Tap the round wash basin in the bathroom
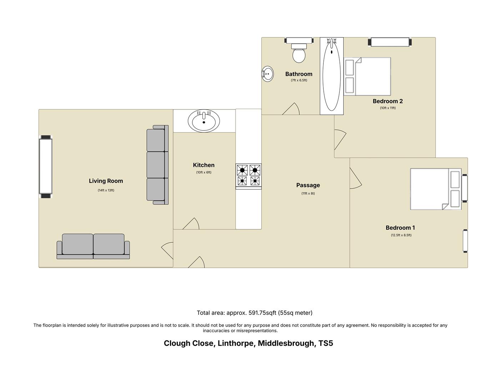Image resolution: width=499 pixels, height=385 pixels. click(268, 74)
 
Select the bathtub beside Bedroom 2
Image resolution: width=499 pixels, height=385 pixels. click(332, 76)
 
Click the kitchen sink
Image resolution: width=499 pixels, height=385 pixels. click(204, 121)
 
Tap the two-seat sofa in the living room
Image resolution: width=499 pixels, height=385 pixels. click(93, 246)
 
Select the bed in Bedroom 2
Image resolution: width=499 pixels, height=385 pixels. click(368, 76)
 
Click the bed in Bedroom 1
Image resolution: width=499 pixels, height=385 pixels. click(435, 189)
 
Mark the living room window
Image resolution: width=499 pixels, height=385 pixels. click(46, 166)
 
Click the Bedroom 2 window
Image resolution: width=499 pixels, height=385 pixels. click(390, 42)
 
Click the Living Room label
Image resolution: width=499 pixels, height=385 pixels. click(106, 181)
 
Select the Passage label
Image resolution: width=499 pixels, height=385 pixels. click(308, 185)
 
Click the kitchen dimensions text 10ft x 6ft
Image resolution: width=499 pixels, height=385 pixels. click(204, 173)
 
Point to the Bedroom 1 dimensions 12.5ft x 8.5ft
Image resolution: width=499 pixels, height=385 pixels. click(401, 235)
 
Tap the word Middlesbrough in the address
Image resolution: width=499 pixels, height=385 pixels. click(287, 343)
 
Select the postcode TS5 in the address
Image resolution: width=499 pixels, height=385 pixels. click(326, 343)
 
